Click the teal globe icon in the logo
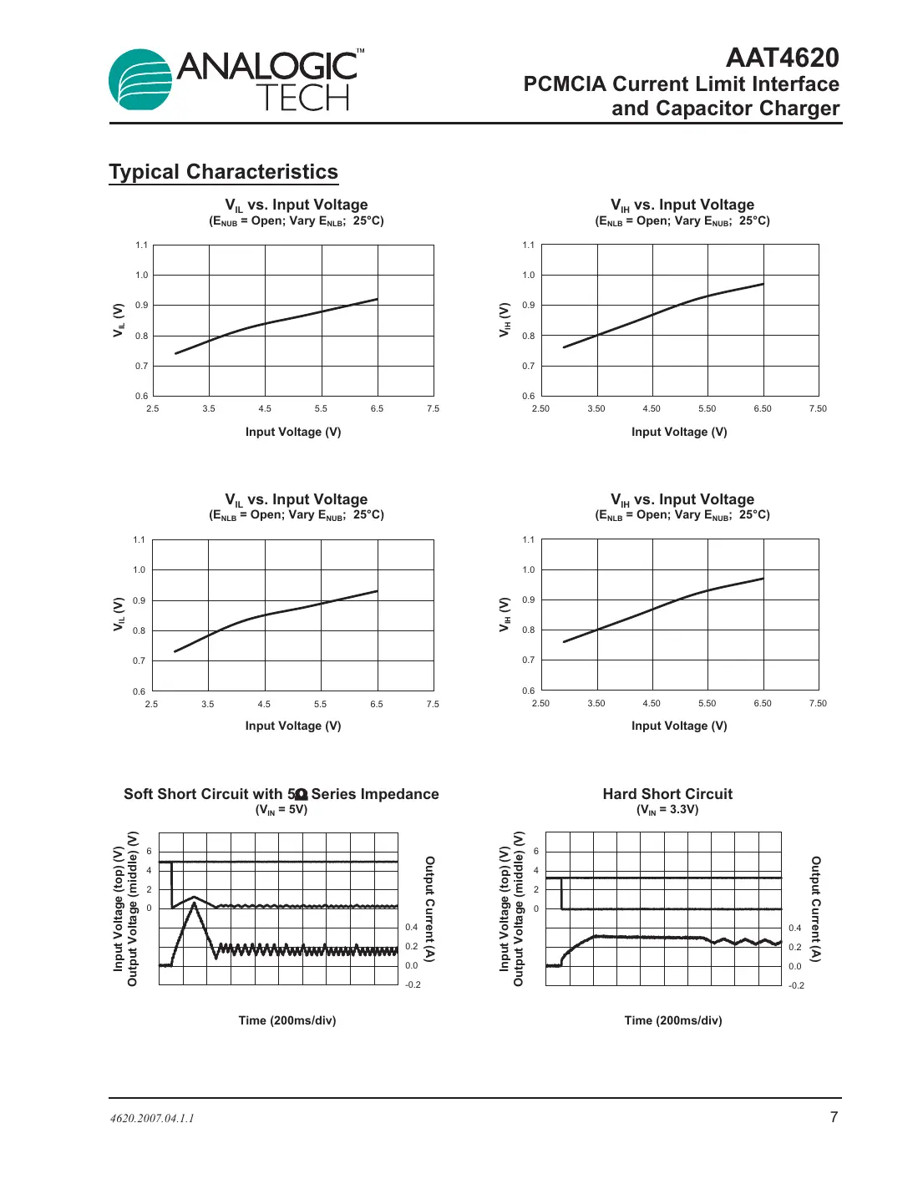point(140,80)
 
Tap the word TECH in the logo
point(302,99)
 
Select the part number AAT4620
point(782,58)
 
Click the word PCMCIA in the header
point(565,84)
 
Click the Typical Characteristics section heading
point(223,172)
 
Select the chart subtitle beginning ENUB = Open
point(296,221)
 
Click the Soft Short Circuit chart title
point(281,794)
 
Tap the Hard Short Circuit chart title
point(667,794)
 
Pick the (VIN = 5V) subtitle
point(281,810)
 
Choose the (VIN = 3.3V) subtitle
point(667,810)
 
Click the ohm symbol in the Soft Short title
point(302,794)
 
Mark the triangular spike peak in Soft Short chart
point(195,903)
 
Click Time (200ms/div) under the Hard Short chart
point(673,1020)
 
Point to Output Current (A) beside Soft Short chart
point(429,908)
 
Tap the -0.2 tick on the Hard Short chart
point(796,985)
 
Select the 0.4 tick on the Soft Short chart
point(411,927)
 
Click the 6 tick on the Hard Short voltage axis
point(536,851)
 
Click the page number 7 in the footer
point(834,1117)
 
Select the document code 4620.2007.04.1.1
point(152,1118)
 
